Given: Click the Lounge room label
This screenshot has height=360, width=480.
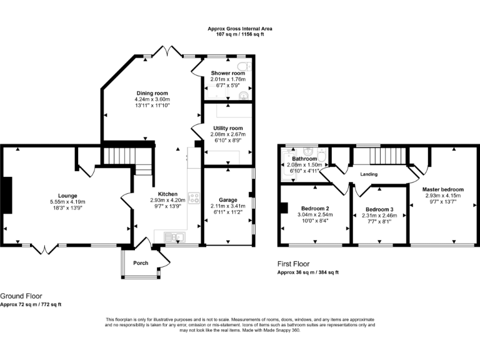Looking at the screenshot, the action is pos(67,196).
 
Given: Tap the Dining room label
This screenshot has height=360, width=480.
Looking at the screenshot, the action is pos(152,93).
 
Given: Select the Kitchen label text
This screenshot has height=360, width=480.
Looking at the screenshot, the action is pos(167,194).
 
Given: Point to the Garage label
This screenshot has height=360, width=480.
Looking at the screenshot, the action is pos(228,200).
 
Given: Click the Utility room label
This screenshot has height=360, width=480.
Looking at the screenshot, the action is pos(228,128).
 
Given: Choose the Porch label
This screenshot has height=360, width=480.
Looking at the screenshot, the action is pos(141,263).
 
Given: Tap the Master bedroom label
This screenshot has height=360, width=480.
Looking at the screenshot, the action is pos(443,189).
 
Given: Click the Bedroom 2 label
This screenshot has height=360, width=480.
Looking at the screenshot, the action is pos(315,209).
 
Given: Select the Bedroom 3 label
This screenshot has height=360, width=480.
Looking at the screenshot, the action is pos(379,209).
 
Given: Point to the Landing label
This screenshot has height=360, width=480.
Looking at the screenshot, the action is pos(369,174).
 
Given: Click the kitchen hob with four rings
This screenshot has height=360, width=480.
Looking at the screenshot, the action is pos(194,197).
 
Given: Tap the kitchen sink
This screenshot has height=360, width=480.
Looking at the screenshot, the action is pos(174,237).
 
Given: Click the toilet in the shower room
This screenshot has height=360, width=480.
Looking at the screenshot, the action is pos(244,66).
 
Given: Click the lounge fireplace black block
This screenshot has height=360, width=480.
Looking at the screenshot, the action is pos(7,195).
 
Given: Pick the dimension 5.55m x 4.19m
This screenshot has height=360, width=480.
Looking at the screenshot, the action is pos(67,202).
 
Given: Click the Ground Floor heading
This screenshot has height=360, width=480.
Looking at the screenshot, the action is pos(21,296).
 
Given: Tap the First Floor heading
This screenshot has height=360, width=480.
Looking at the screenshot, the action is pos(294,264).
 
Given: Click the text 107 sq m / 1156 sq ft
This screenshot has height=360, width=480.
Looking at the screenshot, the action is pos(240,34).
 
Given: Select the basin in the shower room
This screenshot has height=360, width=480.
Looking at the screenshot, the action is pos(244,96).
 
